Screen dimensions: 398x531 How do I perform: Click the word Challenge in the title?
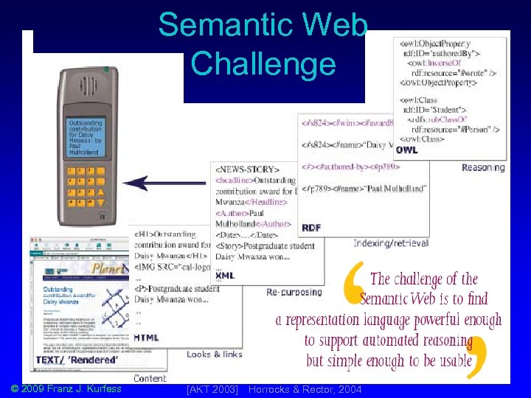263,63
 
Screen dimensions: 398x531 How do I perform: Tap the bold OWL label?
406,150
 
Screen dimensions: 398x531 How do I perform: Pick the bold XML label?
225,276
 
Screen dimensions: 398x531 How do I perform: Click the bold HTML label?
146,338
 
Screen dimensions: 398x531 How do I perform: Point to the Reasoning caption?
483,167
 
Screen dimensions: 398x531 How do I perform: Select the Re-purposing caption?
294,292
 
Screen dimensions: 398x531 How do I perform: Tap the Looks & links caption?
215,355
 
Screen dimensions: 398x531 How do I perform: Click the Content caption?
150,378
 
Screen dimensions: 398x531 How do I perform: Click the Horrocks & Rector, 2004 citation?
305,388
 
